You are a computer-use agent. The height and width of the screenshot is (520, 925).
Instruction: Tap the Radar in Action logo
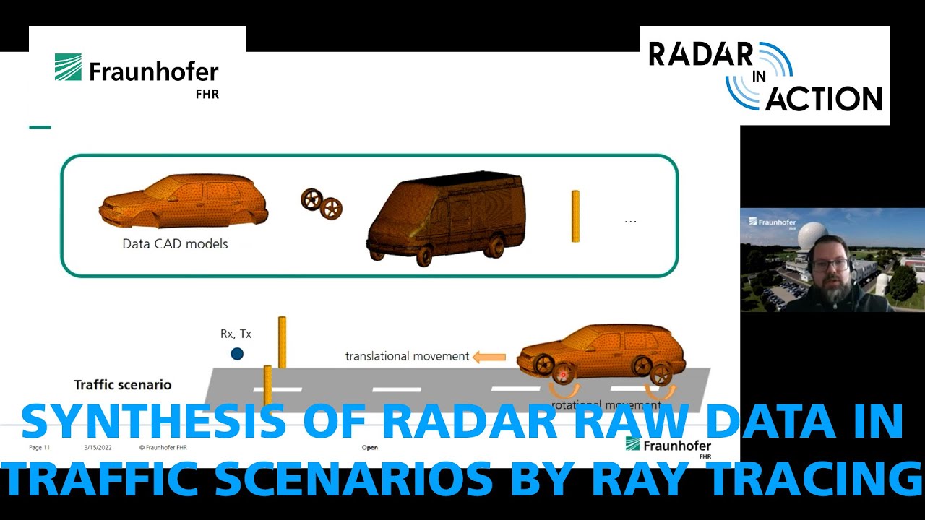point(765,76)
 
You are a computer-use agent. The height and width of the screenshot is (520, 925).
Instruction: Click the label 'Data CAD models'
point(175,244)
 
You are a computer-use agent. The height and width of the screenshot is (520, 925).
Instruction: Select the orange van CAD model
point(445,217)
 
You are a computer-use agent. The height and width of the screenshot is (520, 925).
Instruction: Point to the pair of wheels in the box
point(322,203)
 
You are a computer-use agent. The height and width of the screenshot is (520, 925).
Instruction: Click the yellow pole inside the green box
point(575,216)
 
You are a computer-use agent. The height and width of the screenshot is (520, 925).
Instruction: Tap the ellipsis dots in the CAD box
point(630,221)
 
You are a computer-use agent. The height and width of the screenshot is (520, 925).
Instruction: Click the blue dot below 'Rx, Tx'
point(237,354)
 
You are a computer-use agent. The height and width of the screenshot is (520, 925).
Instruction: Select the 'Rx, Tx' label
point(236,334)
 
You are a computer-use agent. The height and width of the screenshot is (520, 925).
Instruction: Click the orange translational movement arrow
point(489,356)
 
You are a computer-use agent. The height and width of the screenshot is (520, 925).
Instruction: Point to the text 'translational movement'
point(407,356)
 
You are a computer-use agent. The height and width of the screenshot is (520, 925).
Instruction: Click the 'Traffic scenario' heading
point(123,385)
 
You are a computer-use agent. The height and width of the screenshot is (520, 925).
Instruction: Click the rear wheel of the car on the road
point(661,375)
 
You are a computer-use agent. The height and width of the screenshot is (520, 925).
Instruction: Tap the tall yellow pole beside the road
point(282,342)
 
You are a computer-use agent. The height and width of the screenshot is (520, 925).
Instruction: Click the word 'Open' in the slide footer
point(370,448)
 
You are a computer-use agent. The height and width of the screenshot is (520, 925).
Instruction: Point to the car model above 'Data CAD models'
point(184,201)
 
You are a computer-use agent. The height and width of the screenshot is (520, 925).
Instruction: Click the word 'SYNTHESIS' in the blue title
point(152,422)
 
